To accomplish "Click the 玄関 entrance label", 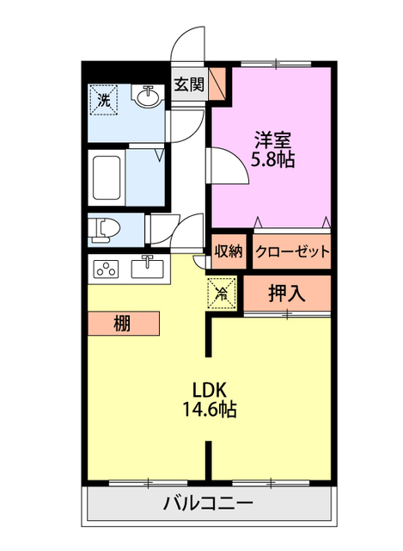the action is [x=189, y=84].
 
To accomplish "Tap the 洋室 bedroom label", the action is [x=273, y=139].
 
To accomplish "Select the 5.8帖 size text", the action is [x=272, y=159].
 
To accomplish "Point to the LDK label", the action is [x=209, y=389].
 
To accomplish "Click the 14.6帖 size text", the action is [x=210, y=409].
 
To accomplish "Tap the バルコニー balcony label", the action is [x=208, y=504].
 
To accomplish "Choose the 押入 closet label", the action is [x=286, y=293].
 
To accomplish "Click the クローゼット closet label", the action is [x=292, y=251].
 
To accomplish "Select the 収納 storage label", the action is [x=229, y=251].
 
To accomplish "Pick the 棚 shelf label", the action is [x=122, y=324].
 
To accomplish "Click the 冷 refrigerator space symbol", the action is [x=222, y=293].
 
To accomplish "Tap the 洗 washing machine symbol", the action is [x=103, y=100].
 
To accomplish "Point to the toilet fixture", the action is [x=104, y=230].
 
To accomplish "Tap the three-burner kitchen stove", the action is [x=106, y=269].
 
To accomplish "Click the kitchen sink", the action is [x=147, y=269].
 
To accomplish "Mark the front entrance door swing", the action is [x=187, y=44].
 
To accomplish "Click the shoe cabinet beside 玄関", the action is [x=217, y=84].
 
